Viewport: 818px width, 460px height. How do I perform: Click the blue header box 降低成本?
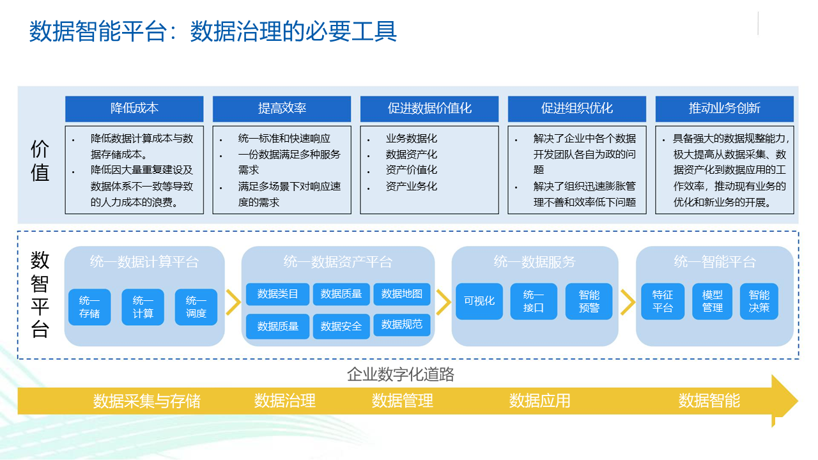(134, 109)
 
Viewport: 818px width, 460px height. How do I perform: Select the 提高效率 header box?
(282, 109)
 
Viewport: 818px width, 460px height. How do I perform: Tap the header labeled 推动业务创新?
(725, 109)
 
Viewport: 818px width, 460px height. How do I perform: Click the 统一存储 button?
(89, 307)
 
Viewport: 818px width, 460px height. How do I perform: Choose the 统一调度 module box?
(196, 307)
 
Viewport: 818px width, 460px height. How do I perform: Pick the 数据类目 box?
(277, 294)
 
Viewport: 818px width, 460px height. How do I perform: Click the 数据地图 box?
(402, 294)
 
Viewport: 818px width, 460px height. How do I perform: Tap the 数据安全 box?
(341, 326)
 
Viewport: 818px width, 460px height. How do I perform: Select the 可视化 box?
(479, 301)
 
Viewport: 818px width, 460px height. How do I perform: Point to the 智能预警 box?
(589, 301)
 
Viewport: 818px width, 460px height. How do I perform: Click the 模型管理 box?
(712, 301)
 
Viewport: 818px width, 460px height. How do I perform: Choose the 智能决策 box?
(759, 301)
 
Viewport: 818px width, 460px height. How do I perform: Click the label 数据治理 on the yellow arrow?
(285, 401)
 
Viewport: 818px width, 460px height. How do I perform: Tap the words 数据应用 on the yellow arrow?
(540, 401)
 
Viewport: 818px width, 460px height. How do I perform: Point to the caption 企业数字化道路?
(401, 374)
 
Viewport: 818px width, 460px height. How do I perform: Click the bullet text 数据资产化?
(411, 155)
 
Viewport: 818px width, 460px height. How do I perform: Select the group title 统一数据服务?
(535, 262)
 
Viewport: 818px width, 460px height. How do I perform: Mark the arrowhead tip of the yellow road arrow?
(798, 401)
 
